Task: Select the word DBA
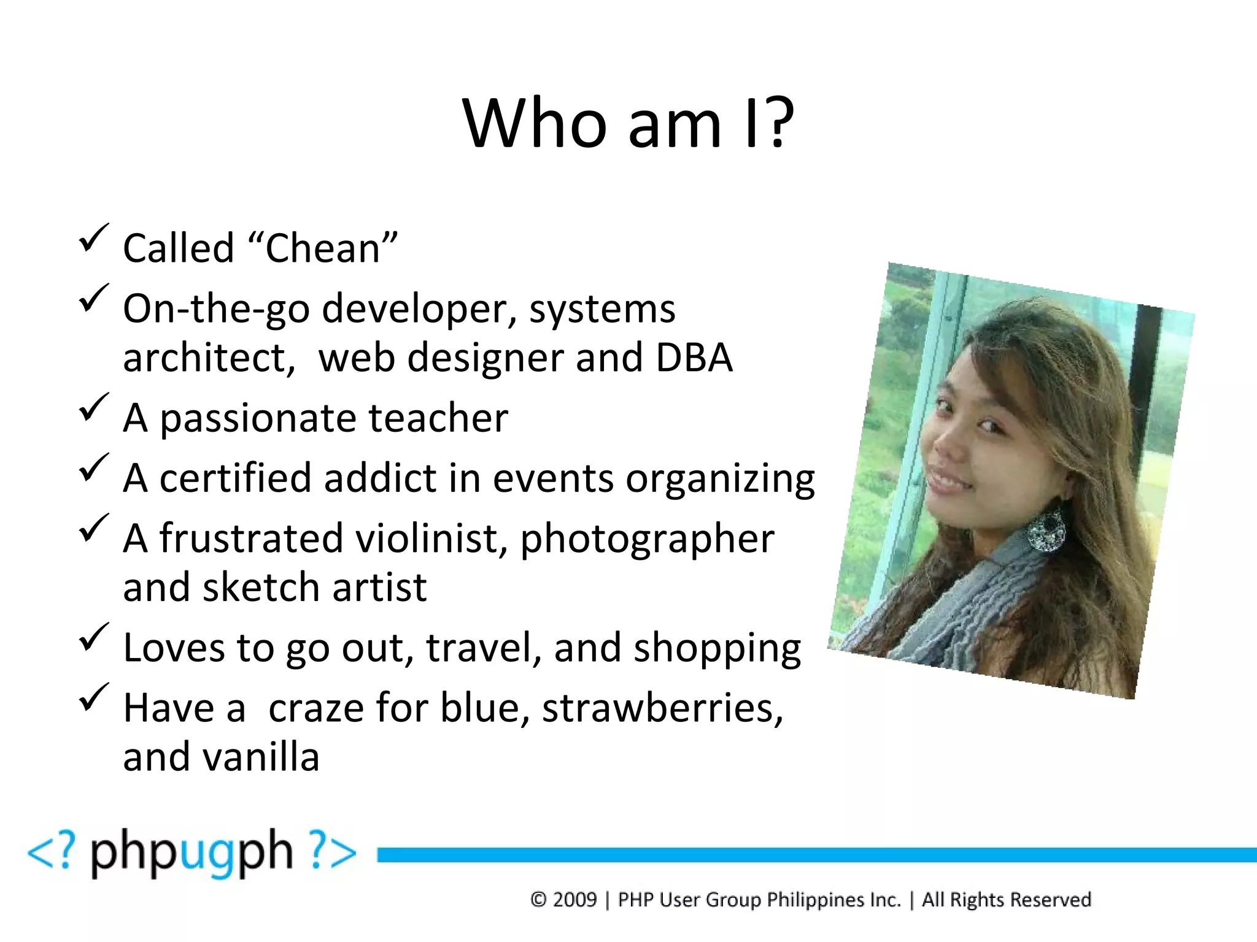[x=694, y=358]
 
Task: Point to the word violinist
[x=431, y=538]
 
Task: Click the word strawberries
[x=662, y=708]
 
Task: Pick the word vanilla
[x=261, y=757]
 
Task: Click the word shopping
[x=717, y=648]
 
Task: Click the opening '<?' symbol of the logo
[x=52, y=851]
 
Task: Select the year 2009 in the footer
[x=574, y=900]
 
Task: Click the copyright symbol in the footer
[x=538, y=900]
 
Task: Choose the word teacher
[x=438, y=418]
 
